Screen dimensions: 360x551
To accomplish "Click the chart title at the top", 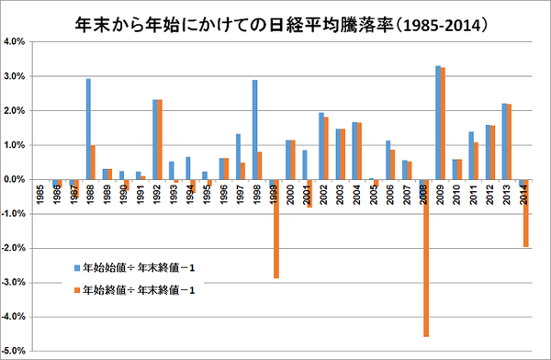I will point(275,19).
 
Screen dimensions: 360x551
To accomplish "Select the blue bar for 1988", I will point(88,129).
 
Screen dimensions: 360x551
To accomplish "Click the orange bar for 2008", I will point(425,258).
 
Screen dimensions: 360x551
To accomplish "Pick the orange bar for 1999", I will point(276,229).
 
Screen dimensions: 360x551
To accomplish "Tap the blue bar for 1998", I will point(254,129).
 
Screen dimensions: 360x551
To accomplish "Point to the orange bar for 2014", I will point(524,213).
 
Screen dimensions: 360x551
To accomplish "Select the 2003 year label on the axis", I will point(340,195).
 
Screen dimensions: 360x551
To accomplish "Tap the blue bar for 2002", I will point(320,146).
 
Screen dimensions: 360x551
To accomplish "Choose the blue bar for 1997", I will point(238,156).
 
